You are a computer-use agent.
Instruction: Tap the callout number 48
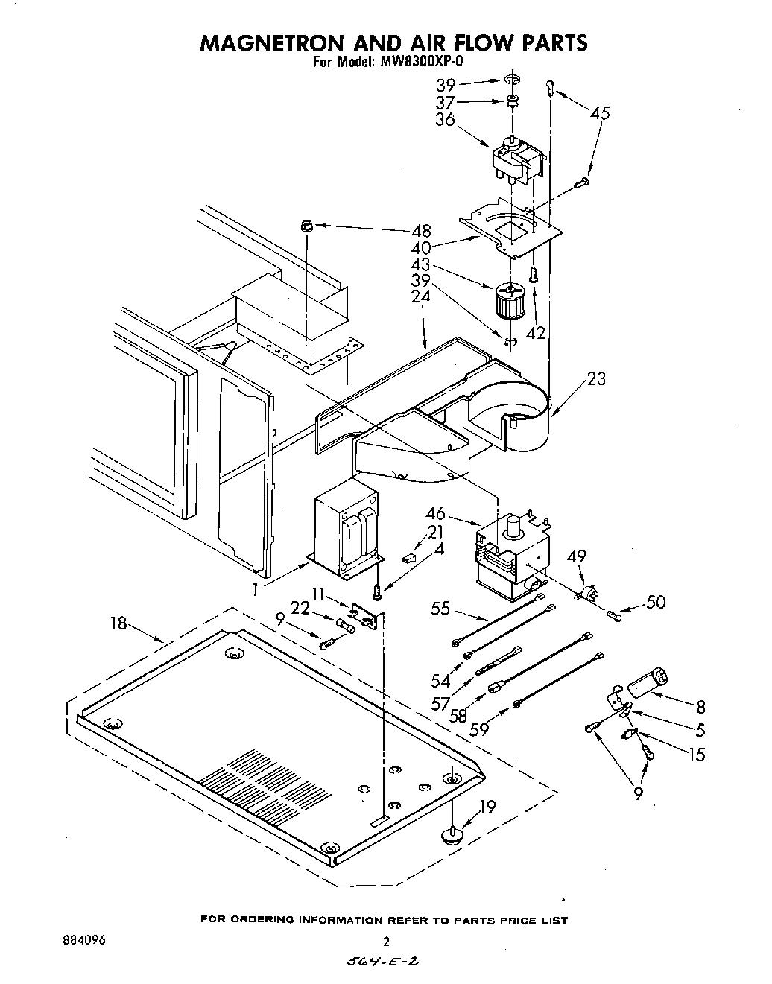pos(422,231)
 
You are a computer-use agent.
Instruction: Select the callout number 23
pos(596,379)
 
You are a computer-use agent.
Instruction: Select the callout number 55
pos(440,609)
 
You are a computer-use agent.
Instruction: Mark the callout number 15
pos(696,755)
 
